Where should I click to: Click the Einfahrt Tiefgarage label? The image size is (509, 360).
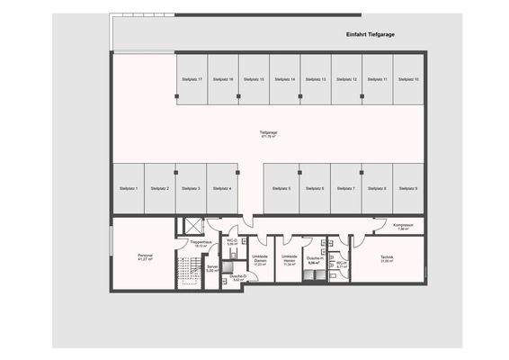pos(371,34)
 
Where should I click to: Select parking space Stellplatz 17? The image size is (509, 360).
pos(192,79)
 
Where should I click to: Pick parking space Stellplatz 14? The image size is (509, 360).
pos(285,79)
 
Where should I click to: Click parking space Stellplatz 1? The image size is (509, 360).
pos(129,188)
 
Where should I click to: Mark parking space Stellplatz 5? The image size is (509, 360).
pos(281,188)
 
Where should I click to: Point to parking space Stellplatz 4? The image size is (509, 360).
pos(222,188)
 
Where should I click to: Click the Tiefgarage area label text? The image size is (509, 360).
pos(268,134)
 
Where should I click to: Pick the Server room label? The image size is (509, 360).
pos(212,267)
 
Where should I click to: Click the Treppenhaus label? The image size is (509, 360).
pos(201,243)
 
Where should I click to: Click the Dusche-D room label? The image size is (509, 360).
pos(237,278)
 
